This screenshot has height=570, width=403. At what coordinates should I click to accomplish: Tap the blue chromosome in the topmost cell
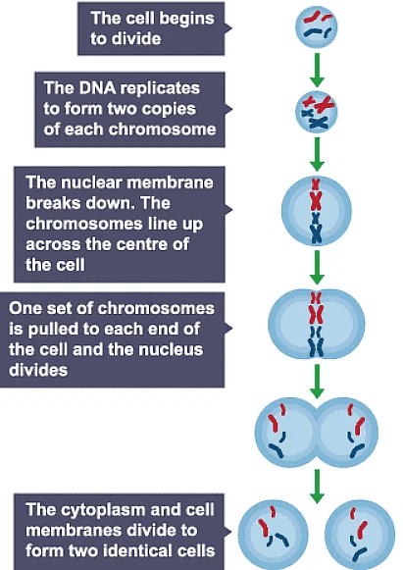coord(317,34)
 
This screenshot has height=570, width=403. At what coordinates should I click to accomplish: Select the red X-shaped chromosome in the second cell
coord(315,102)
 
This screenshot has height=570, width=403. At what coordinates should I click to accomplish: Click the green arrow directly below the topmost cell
coord(317,67)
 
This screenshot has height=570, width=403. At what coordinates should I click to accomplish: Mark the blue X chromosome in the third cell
coord(317,232)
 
